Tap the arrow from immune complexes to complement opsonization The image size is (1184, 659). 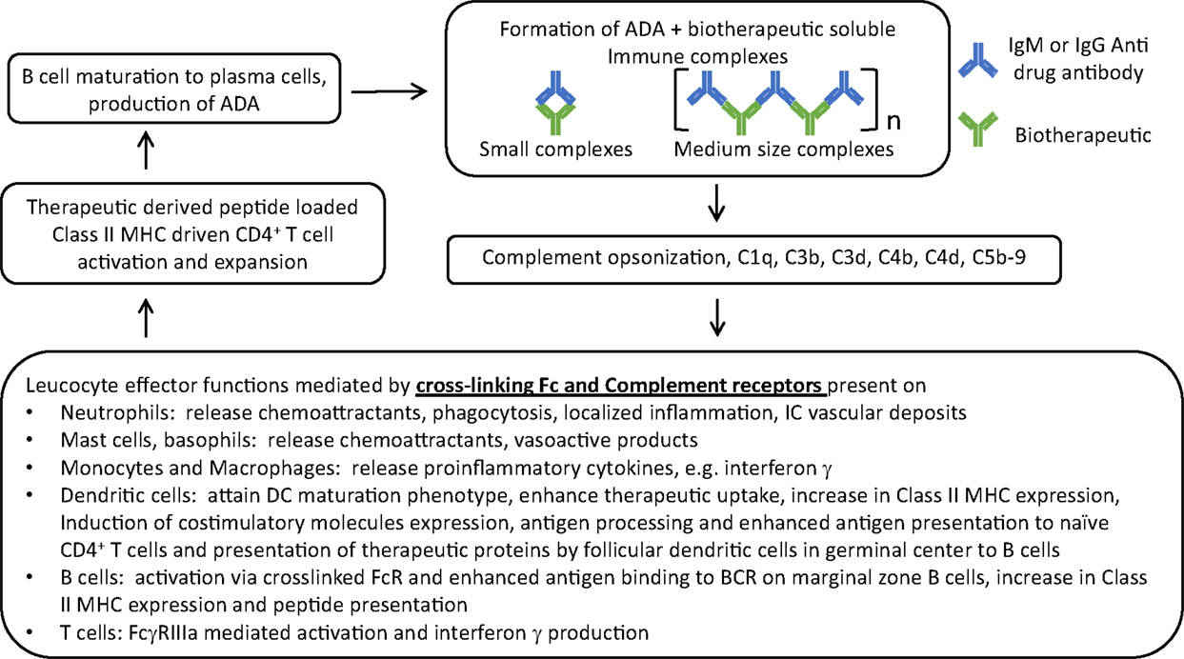click(718, 202)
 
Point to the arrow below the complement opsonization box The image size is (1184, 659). click(718, 319)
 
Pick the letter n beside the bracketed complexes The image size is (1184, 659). click(893, 121)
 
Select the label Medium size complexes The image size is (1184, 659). click(784, 149)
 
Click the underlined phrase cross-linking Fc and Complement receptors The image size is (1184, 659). click(622, 388)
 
